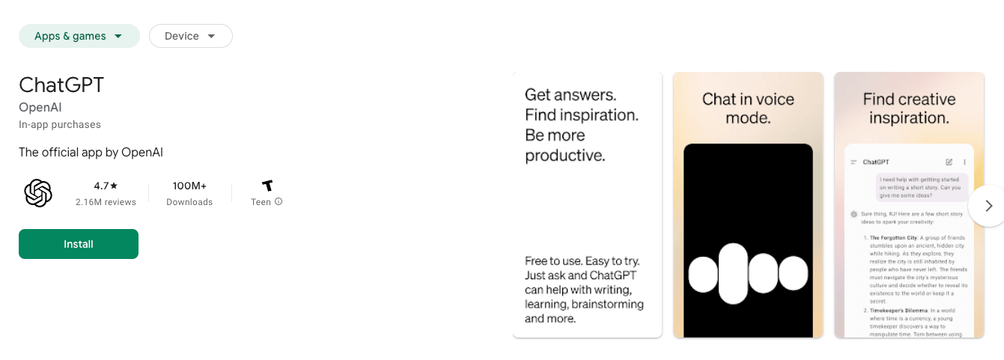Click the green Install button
[x=79, y=244]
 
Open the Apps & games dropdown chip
[x=79, y=36]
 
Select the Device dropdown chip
[x=190, y=36]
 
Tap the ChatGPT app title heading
[x=61, y=85]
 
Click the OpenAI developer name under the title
[x=40, y=108]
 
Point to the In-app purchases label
[x=60, y=124]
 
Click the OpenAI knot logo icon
[x=38, y=193]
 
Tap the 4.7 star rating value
[x=106, y=186]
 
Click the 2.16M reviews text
[x=106, y=202]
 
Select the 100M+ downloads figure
[x=189, y=186]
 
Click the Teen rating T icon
[x=267, y=186]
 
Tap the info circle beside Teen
[x=279, y=201]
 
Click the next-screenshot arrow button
[x=988, y=206]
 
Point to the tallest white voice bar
[x=734, y=274]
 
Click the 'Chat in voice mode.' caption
[x=748, y=109]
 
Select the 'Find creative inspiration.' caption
[x=909, y=109]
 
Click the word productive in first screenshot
[x=565, y=156]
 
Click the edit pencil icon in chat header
[x=949, y=162]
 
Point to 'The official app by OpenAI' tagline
[x=91, y=152]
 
